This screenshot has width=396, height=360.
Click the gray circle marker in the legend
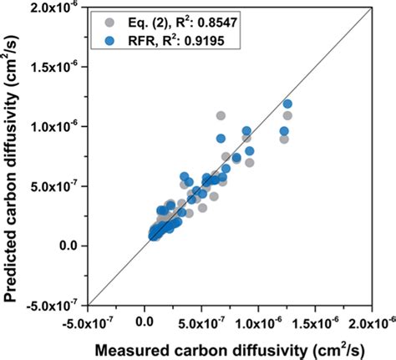pyautogui.click(x=104, y=18)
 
